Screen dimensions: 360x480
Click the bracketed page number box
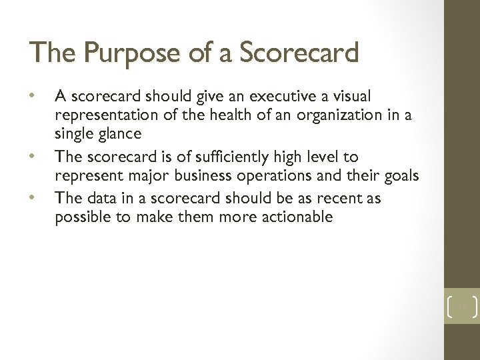[461, 307]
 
